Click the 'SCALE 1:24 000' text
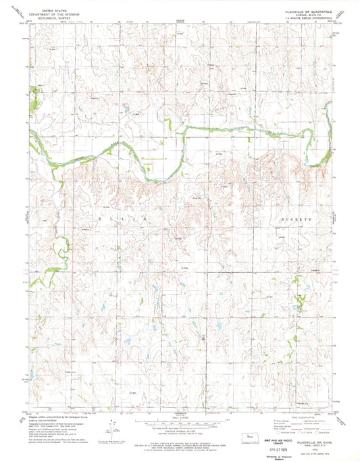(180, 415)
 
